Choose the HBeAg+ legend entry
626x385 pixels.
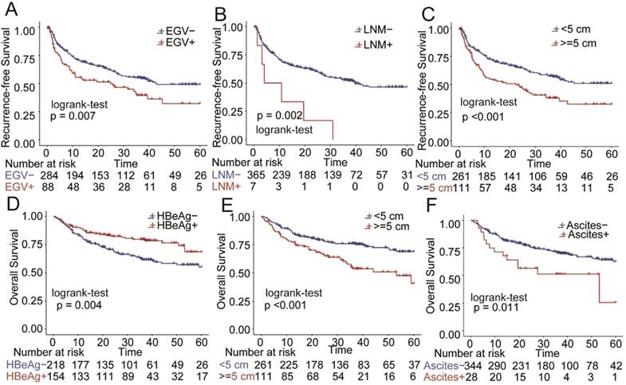(174, 228)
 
